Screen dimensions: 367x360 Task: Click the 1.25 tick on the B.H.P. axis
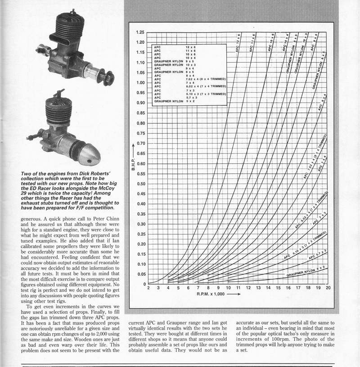click(x=140, y=32)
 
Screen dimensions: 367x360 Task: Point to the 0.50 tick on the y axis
click(x=140, y=184)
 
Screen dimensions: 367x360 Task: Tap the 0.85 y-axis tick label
click(x=140, y=113)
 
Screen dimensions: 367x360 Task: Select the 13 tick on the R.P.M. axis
click(x=258, y=288)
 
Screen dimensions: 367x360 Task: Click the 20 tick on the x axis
click(x=328, y=288)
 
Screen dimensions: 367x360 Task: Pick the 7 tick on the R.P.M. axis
click(x=198, y=288)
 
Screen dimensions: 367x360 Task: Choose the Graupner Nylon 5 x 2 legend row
click(x=191, y=101)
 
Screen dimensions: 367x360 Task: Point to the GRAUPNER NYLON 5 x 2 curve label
click(x=307, y=272)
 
